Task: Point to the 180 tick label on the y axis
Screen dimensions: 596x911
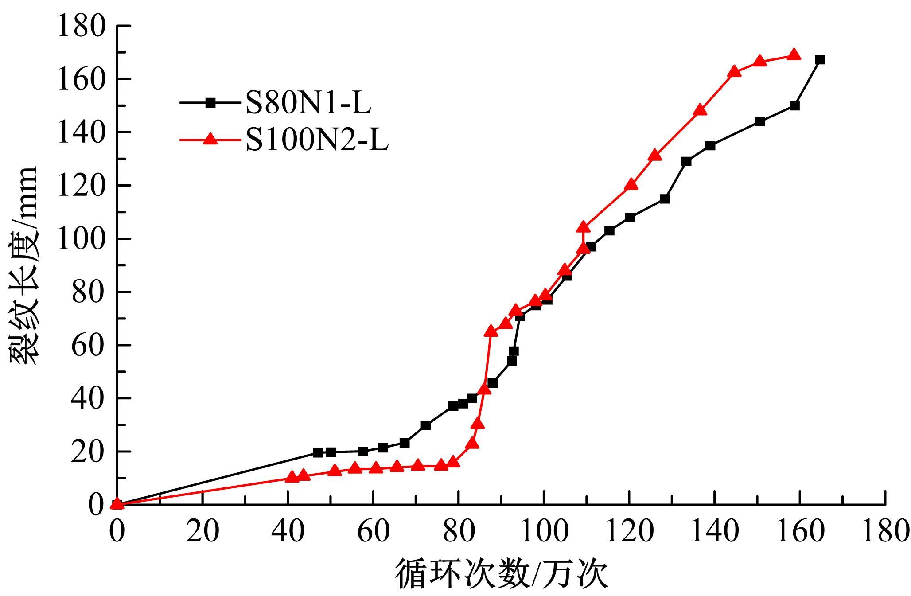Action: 82,26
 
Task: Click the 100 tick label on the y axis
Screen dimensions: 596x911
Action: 82,238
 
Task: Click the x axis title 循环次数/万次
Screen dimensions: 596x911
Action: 501,574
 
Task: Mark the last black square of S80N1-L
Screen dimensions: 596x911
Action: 820,60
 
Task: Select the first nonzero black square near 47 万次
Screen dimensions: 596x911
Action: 318,453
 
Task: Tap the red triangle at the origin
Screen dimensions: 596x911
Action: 117,503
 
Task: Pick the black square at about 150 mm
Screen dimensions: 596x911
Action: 794,106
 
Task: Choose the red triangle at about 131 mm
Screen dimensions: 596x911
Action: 655,156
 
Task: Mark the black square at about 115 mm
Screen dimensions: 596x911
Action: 665,199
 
